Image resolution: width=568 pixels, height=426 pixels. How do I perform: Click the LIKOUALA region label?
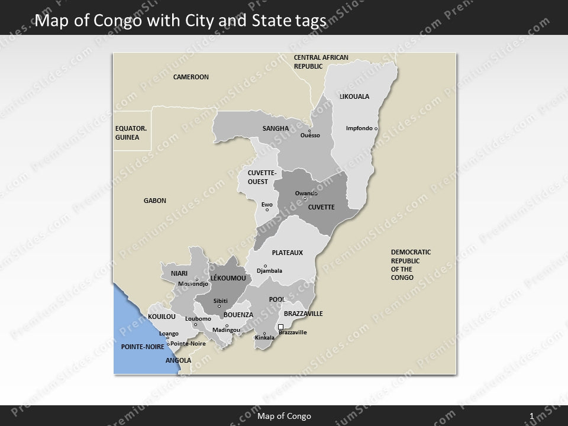(354, 96)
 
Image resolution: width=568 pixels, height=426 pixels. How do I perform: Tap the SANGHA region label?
(275, 128)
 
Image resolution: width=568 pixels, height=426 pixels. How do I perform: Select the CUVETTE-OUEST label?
(258, 177)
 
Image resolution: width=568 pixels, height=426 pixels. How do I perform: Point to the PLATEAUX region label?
(287, 253)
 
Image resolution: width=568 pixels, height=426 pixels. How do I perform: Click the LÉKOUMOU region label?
(228, 277)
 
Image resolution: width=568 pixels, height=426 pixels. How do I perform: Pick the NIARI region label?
(179, 273)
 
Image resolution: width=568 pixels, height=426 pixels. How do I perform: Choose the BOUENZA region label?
(238, 315)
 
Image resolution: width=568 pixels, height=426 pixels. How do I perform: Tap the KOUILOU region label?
(162, 317)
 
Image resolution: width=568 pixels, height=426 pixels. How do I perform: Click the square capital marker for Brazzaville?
(281, 327)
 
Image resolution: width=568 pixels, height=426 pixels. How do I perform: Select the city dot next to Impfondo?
(376, 128)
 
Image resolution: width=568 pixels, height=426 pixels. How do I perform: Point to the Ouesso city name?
(310, 135)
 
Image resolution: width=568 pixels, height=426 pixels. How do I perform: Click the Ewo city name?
(267, 204)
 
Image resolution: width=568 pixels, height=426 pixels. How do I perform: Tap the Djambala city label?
(269, 271)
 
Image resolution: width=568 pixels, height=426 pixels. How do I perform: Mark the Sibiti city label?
(220, 301)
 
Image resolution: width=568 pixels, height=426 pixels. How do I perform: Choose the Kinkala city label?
(264, 338)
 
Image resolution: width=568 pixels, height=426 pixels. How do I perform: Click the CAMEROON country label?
(191, 77)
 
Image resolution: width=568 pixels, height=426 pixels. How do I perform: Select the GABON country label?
(155, 201)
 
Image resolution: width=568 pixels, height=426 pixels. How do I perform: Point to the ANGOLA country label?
(178, 360)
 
